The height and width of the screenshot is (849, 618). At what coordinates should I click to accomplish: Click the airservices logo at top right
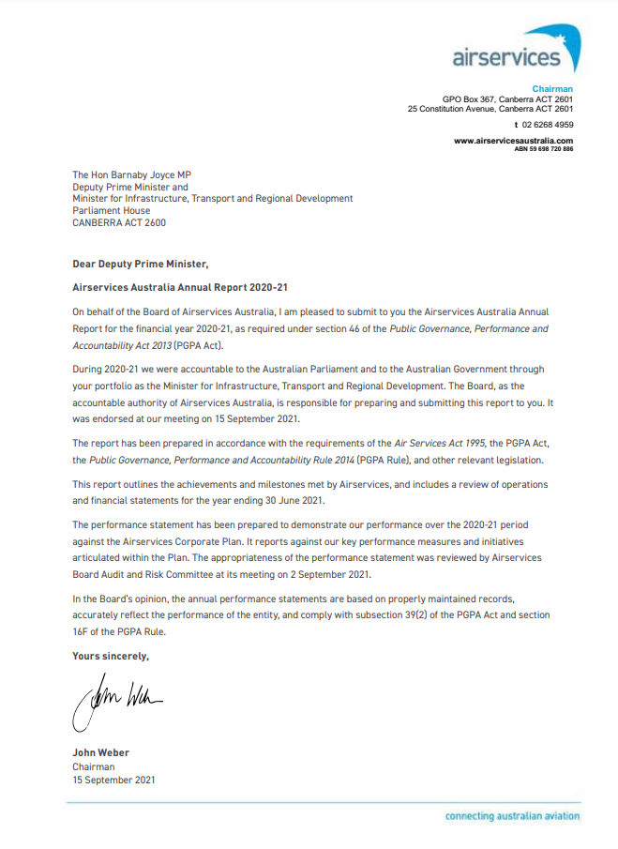pyautogui.click(x=515, y=51)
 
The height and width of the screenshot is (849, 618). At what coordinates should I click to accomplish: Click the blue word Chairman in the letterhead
pyautogui.click(x=553, y=89)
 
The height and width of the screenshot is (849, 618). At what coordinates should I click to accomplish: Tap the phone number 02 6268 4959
pyautogui.click(x=548, y=124)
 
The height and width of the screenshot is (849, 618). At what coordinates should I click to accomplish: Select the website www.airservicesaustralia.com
pyautogui.click(x=513, y=141)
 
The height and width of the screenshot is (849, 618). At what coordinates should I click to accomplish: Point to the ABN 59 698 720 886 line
pyautogui.click(x=544, y=148)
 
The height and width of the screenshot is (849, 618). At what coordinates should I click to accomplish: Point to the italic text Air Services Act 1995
pyautogui.click(x=452, y=441)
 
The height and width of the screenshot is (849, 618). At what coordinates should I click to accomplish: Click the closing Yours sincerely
pyautogui.click(x=111, y=657)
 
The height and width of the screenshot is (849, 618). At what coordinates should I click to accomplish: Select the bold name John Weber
pyautogui.click(x=100, y=752)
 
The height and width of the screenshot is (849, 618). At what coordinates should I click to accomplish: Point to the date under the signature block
pyautogui.click(x=113, y=780)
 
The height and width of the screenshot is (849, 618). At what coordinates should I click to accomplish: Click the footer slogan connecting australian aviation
pyautogui.click(x=512, y=816)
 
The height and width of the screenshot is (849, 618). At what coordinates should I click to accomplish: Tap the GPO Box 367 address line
pyautogui.click(x=507, y=99)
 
